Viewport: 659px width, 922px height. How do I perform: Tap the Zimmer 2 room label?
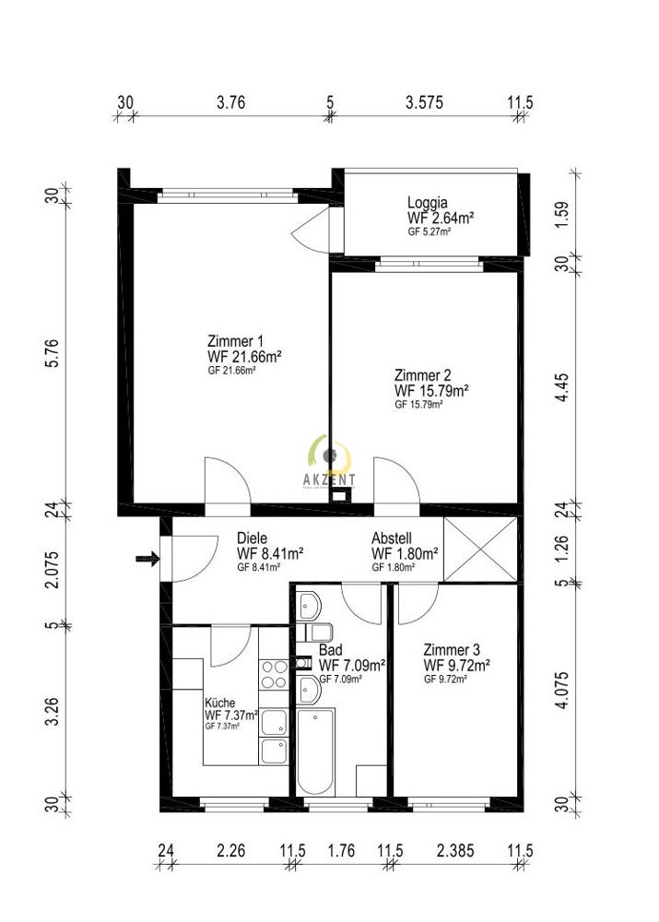click(x=422, y=375)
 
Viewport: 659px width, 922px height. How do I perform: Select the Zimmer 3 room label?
click(x=452, y=649)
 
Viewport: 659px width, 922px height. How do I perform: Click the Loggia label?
click(x=428, y=203)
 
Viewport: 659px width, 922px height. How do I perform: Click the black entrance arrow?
click(x=145, y=558)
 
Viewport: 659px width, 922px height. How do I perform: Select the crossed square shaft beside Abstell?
click(x=481, y=550)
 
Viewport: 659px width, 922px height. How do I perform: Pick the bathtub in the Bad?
click(x=314, y=751)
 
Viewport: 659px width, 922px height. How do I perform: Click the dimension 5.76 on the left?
click(x=53, y=353)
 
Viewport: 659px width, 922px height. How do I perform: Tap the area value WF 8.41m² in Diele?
click(x=270, y=553)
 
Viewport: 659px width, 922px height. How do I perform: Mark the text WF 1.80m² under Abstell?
click(x=404, y=553)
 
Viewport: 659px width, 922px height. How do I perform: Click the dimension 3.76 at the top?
click(x=230, y=103)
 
